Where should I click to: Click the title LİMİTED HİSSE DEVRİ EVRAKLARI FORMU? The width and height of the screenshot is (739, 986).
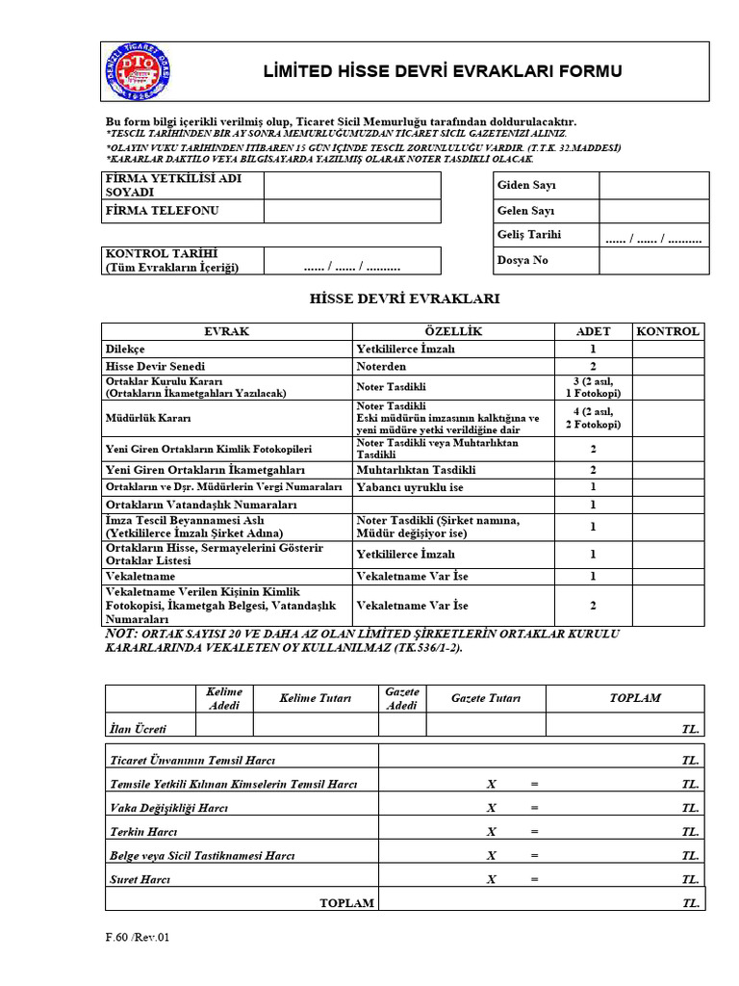[443, 71]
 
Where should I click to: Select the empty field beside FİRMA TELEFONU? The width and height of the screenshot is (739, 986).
[352, 211]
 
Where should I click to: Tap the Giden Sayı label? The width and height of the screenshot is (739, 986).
[526, 185]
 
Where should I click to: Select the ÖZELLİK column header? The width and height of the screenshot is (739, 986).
[454, 331]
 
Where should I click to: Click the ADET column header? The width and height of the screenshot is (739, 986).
[593, 331]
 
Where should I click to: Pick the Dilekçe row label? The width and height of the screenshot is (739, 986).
[126, 350]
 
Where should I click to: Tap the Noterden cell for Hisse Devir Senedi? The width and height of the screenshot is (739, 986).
[382, 367]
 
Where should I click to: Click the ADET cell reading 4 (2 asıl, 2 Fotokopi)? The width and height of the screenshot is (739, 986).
[593, 418]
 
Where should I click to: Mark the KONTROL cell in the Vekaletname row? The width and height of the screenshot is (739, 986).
[668, 576]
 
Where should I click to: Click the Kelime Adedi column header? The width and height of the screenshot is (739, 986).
[225, 699]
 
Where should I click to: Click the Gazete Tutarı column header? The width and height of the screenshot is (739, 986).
[485, 698]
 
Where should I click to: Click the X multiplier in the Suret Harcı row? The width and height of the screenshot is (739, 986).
[492, 879]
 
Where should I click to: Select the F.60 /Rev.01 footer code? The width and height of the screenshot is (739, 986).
[137, 936]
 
